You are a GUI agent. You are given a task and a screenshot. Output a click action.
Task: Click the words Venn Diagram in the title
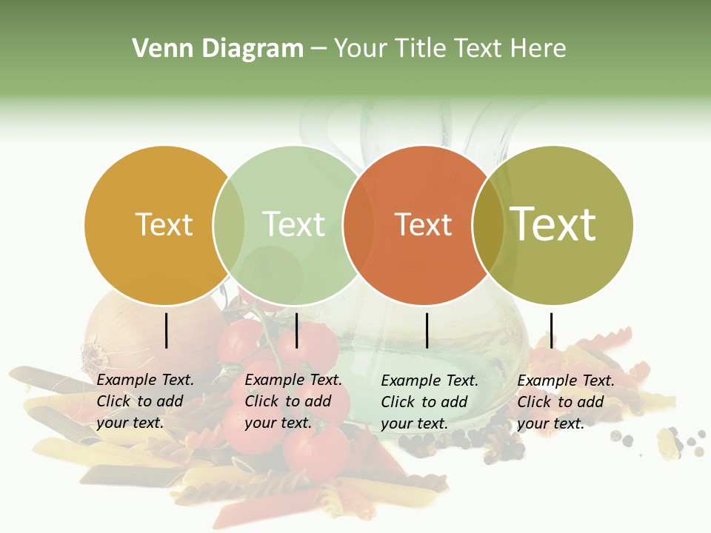(217, 49)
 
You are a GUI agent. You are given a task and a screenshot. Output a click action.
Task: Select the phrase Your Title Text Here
(450, 49)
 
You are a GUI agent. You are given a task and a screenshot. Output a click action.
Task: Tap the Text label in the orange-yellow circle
(164, 224)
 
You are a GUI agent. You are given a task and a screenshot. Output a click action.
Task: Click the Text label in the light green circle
(293, 224)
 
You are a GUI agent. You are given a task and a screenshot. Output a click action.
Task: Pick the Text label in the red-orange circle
(423, 224)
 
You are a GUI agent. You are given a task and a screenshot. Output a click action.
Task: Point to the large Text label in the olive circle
(553, 224)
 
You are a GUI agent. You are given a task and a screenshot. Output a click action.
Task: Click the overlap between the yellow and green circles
(229, 224)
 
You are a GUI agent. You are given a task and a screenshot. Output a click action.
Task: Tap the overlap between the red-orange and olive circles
(487, 224)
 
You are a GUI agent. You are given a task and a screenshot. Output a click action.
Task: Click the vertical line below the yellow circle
(166, 330)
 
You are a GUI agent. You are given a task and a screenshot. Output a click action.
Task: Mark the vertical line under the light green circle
(296, 330)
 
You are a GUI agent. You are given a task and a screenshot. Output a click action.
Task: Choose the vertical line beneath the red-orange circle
(427, 330)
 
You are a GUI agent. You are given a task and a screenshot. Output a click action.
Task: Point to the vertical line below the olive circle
(551, 330)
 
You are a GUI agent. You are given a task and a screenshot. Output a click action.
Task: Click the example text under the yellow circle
(144, 401)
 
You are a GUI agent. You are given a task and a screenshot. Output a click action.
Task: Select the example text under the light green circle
(293, 401)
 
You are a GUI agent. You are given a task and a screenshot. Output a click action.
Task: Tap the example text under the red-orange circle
(429, 402)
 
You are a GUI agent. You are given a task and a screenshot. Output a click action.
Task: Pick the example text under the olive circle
(565, 402)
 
